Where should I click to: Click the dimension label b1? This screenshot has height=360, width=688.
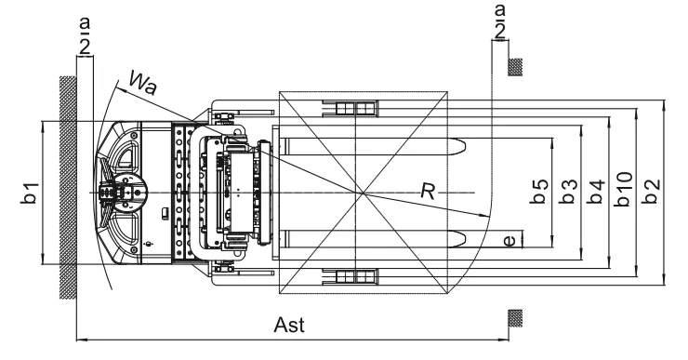[30, 193]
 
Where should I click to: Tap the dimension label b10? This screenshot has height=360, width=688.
[624, 189]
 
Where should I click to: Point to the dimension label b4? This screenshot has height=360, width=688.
[596, 192]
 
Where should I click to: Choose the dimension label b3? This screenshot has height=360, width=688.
[568, 192]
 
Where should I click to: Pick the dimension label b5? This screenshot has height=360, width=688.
[539, 192]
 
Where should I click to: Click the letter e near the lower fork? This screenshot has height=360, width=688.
[509, 241]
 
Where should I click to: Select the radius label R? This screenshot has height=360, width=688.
[428, 192]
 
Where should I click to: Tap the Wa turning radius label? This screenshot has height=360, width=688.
[143, 83]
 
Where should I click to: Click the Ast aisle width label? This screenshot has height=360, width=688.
[289, 326]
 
